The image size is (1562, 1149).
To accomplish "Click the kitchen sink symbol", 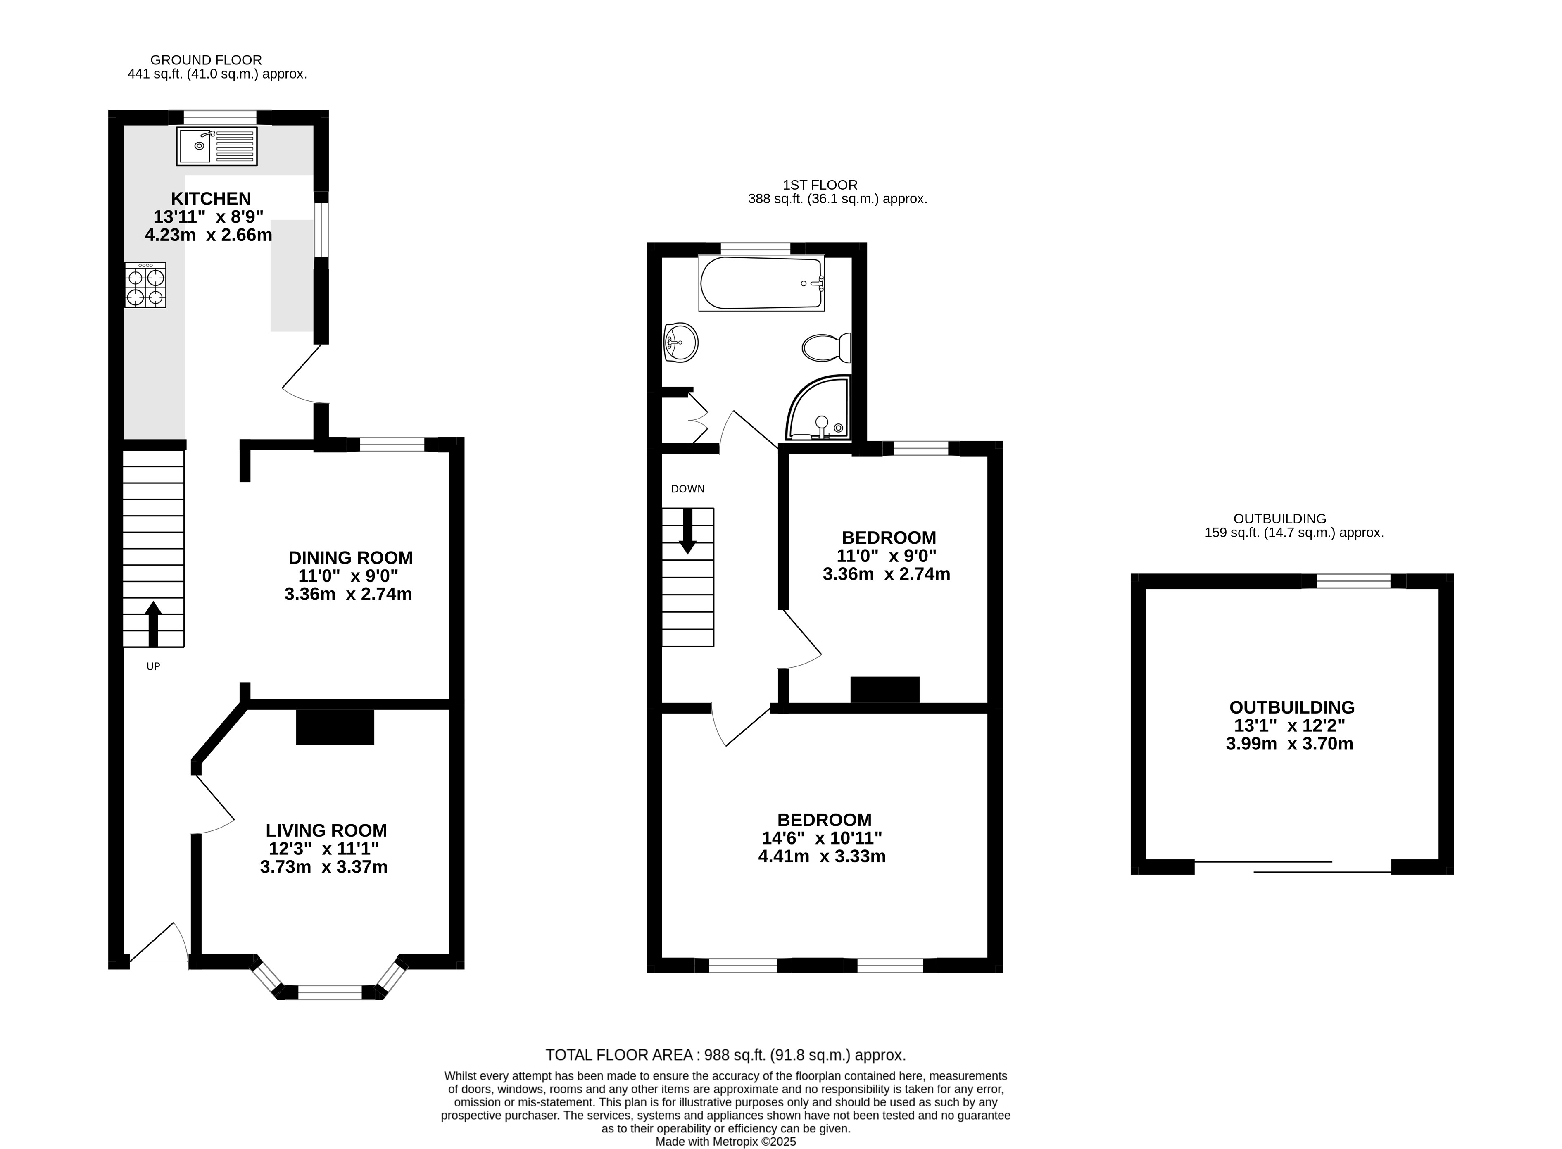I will tap(216, 146).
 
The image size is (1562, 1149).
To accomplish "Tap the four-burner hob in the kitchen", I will tap(145, 285).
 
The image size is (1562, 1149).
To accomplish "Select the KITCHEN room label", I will tap(211, 198).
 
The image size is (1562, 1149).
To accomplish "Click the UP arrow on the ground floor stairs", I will tap(153, 623).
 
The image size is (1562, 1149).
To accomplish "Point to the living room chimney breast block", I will tap(335, 727).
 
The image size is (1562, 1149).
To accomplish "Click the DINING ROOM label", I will tap(350, 558).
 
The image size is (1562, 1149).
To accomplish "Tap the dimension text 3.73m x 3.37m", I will tap(323, 867).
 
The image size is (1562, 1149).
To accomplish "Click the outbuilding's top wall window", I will tap(1353, 581).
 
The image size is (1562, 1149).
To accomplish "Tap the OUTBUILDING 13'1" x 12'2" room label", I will tap(1291, 707).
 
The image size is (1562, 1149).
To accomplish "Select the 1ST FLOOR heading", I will tap(820, 185).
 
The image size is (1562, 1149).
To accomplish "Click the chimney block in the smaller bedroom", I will tap(884, 689).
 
